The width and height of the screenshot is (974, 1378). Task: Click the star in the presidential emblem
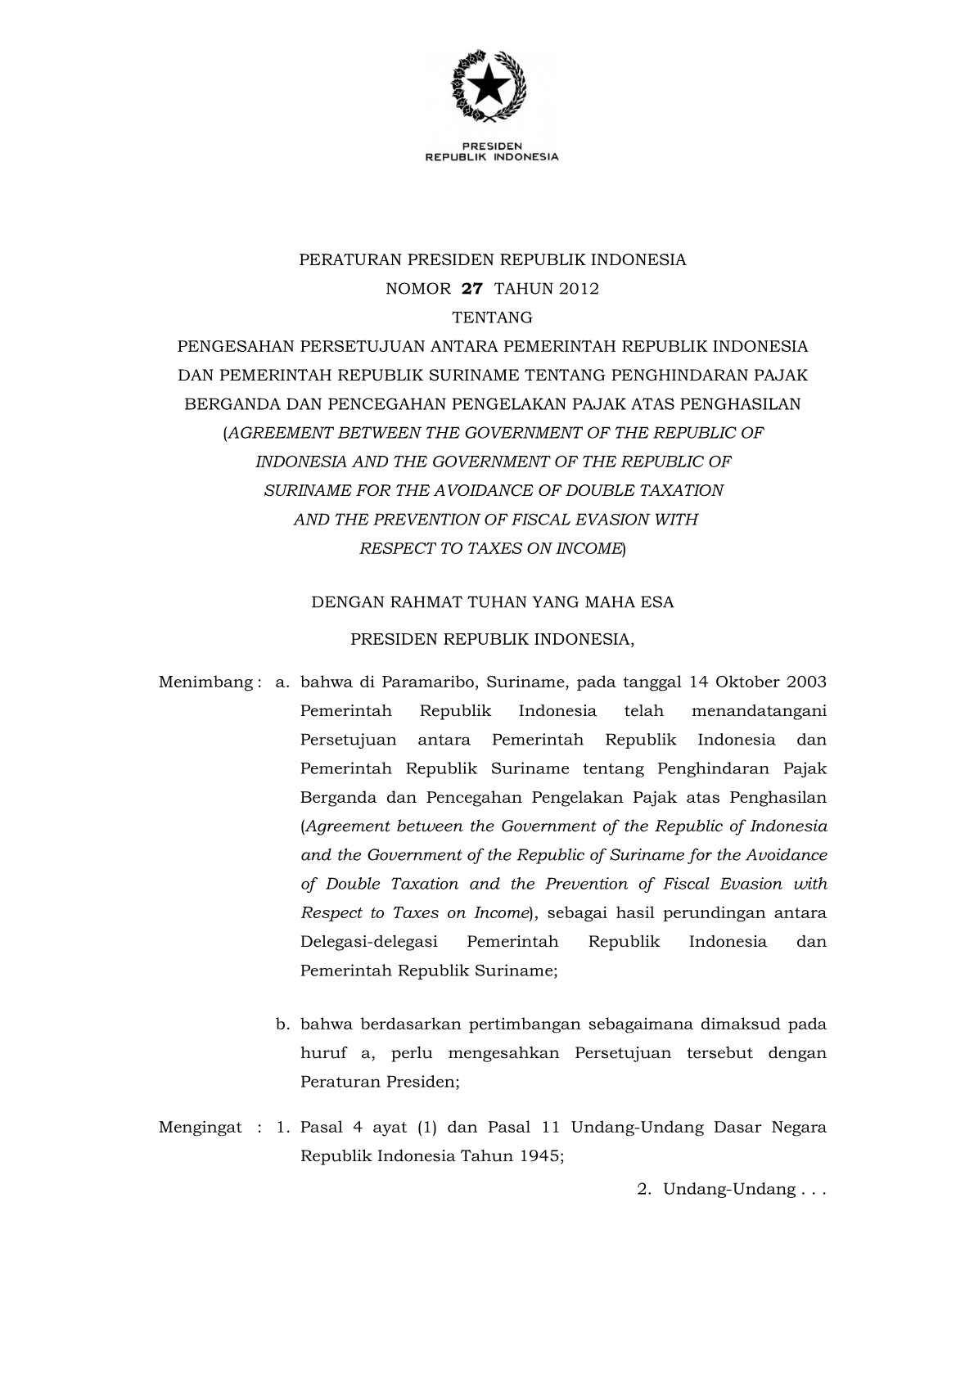(490, 84)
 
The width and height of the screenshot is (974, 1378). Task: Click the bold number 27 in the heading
(473, 289)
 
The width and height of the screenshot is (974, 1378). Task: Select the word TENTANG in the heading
(492, 317)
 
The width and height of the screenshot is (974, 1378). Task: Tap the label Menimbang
(206, 682)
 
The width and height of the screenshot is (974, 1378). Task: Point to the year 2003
(806, 682)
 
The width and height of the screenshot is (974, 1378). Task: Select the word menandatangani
(759, 711)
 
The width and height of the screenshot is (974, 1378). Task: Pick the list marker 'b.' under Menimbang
(284, 1024)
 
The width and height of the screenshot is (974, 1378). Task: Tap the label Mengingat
(201, 1128)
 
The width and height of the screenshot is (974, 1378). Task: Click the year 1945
(539, 1156)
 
